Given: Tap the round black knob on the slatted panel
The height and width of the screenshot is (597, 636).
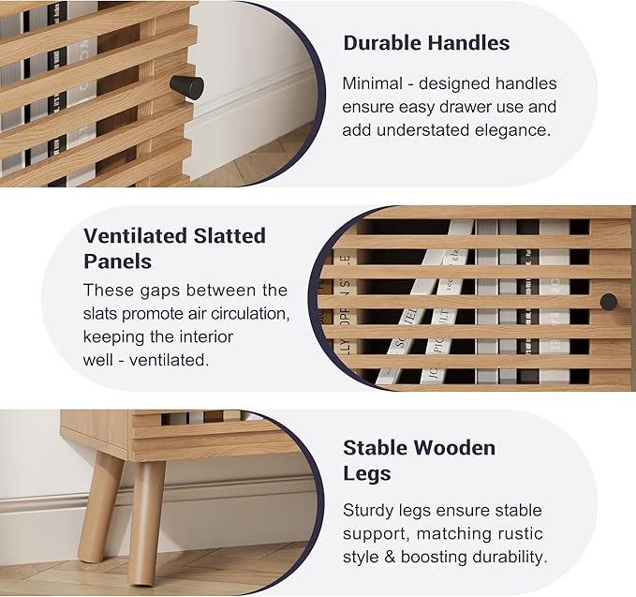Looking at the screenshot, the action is (609, 302).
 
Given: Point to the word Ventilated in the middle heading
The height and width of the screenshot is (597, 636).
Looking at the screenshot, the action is (135, 236).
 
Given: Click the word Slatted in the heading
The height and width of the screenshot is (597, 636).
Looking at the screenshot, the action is (229, 236).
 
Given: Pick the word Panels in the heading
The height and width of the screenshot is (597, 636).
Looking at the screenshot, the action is (118, 261).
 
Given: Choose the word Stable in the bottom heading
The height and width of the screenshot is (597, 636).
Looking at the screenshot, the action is (376, 448).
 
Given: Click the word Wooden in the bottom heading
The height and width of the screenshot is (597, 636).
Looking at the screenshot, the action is (454, 448).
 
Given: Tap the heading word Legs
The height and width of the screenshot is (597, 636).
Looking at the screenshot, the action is (367, 473).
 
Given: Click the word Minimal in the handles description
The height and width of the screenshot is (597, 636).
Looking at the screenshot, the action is (373, 83).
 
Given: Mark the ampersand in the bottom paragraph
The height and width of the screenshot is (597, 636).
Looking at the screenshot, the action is (389, 557).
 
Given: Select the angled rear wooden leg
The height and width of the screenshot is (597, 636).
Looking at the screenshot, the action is (99, 507).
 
